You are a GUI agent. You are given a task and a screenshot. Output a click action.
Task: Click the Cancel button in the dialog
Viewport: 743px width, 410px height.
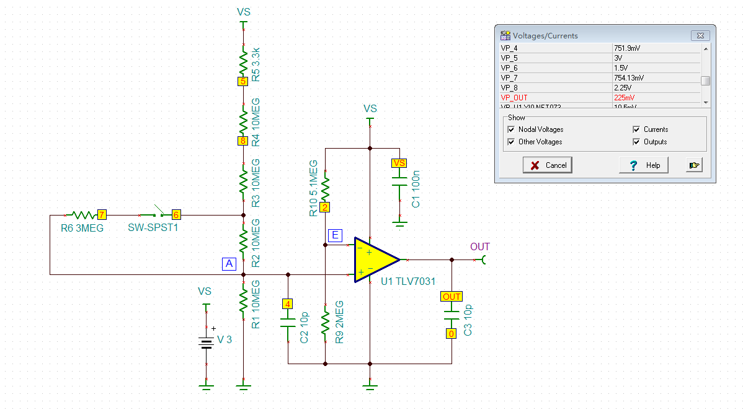click(548, 165)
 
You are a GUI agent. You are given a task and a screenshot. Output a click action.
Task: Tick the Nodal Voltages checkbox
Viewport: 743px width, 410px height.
click(511, 129)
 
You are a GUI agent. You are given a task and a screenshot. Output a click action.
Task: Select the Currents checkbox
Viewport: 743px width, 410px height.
click(636, 129)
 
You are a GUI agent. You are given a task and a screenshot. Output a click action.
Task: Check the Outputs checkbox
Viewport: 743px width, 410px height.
click(636, 142)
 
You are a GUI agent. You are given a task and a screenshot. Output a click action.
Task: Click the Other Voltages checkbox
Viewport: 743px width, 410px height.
click(511, 142)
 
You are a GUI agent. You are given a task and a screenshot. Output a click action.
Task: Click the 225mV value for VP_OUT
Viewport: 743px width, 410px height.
click(625, 98)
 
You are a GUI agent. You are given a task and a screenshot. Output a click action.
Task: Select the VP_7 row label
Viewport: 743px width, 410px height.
click(509, 78)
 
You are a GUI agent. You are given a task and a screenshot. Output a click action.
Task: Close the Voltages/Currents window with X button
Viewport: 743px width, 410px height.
click(700, 36)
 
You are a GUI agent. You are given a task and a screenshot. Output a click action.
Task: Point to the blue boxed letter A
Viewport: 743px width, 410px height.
click(229, 264)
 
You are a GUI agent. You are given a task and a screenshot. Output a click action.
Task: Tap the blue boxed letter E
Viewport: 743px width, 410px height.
click(336, 235)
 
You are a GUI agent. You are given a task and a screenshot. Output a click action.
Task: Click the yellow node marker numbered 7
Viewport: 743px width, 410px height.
click(102, 215)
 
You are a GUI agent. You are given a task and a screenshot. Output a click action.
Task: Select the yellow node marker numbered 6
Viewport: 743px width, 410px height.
click(176, 215)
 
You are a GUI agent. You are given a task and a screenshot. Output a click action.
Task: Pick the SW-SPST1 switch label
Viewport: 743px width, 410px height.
click(153, 229)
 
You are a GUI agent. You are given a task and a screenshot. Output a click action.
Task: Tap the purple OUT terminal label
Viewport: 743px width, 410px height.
click(479, 247)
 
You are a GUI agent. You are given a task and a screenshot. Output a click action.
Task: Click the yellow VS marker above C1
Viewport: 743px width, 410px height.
click(399, 163)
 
